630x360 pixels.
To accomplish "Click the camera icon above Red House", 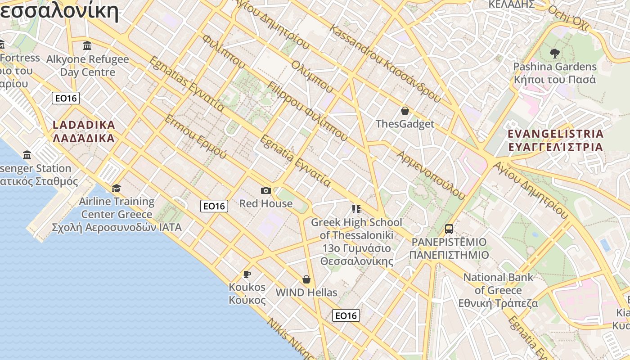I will [266, 190].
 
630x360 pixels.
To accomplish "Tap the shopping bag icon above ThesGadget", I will [405, 111].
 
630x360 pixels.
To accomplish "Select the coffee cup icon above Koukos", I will [247, 274].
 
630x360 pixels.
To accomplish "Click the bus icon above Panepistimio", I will [449, 229].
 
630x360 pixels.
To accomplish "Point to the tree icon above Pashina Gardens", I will [554, 54].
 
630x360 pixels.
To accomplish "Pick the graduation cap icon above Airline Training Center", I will [117, 188].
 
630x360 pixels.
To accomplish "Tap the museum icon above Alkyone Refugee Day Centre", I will [87, 45].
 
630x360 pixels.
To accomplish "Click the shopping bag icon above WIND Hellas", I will [306, 279].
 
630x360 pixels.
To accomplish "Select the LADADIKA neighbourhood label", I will [84, 131].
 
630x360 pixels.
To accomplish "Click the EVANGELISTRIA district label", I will [555, 140].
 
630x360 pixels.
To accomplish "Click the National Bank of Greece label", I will [498, 290].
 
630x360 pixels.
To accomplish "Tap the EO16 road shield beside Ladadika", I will [66, 98].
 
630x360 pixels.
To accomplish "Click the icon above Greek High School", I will [356, 209].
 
